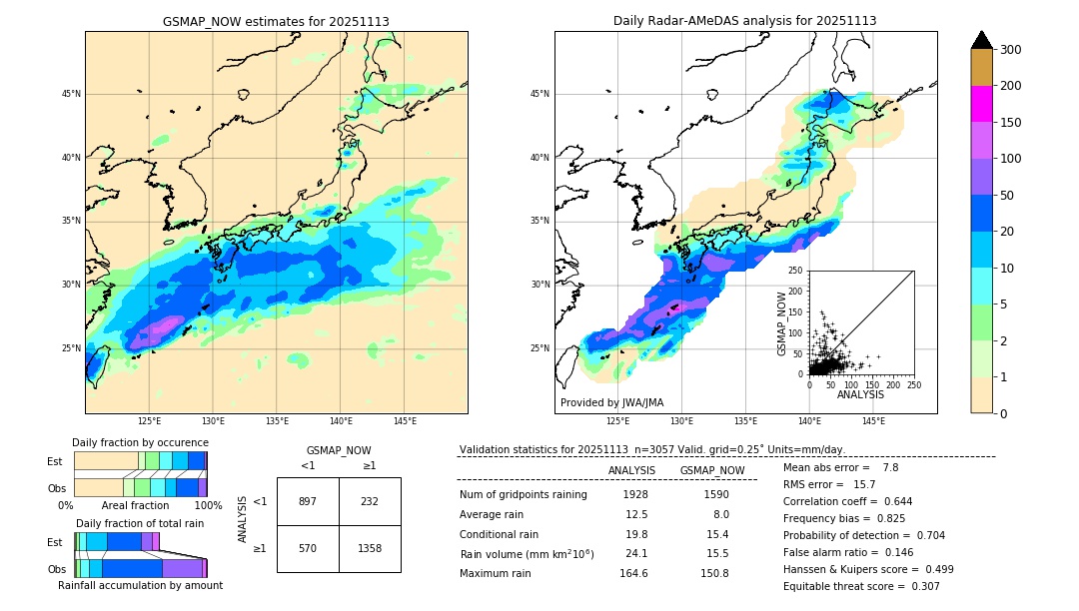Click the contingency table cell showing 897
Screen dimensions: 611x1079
click(x=308, y=501)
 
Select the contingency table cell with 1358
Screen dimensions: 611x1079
click(x=370, y=548)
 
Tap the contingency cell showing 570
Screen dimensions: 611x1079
click(x=308, y=548)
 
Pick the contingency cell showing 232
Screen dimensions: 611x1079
click(x=370, y=501)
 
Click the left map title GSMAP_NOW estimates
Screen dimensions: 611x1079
click(x=276, y=21)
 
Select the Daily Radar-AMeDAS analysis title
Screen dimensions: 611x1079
click(x=744, y=21)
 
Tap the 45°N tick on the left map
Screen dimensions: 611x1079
click(x=71, y=94)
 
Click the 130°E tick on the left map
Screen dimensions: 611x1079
click(x=213, y=421)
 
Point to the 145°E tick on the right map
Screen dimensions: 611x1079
click(x=873, y=421)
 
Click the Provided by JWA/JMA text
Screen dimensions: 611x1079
click(x=611, y=402)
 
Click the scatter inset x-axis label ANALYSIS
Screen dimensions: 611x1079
click(x=860, y=394)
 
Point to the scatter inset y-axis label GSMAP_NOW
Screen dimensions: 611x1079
click(x=783, y=322)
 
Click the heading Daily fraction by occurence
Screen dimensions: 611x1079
click(x=140, y=442)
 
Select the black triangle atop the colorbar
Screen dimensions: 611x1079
click(x=982, y=40)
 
